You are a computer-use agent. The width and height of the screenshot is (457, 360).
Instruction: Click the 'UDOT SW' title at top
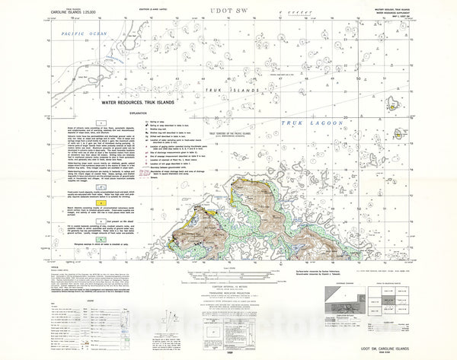pyautogui.click(x=228, y=11)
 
